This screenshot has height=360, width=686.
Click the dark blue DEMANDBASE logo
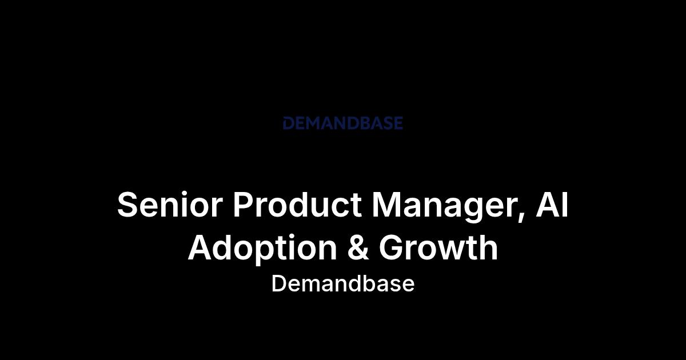pyautogui.click(x=342, y=123)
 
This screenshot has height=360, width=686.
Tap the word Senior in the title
pyautogui.click(x=170, y=205)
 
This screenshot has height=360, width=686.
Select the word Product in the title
pyautogui.click(x=297, y=205)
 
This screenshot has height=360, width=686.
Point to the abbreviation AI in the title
pyautogui.click(x=552, y=204)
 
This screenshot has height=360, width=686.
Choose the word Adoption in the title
pyautogui.click(x=262, y=249)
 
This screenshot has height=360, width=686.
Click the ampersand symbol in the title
pyautogui.click(x=358, y=247)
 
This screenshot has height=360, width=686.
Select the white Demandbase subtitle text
pyautogui.click(x=343, y=284)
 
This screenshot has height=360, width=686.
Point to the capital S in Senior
pyautogui.click(x=127, y=205)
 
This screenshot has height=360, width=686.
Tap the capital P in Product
pyautogui.click(x=244, y=204)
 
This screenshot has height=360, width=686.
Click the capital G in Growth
pyautogui.click(x=392, y=247)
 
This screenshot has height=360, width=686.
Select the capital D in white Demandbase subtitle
pyautogui.click(x=278, y=284)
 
